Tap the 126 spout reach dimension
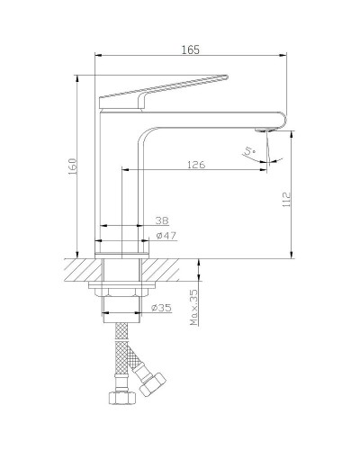[195, 164]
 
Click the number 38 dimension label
[161, 220]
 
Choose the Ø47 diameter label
[165, 236]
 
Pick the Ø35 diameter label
[161, 309]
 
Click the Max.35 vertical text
[193, 309]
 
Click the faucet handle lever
[162, 90]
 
